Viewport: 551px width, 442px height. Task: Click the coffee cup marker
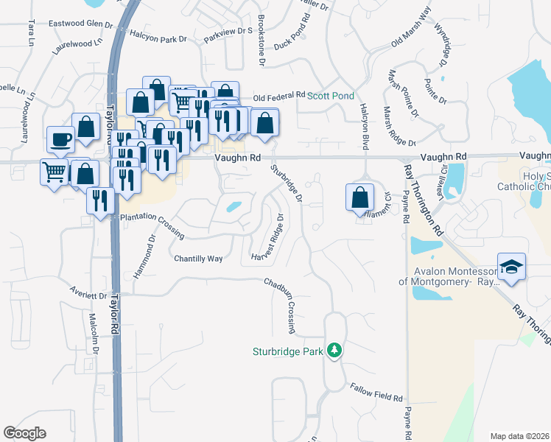[60, 140]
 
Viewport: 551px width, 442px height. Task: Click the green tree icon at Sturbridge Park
[334, 350]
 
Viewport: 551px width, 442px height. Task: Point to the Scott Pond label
[331, 96]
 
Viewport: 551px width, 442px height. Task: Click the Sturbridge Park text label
[288, 352]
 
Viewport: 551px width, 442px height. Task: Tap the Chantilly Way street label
[198, 259]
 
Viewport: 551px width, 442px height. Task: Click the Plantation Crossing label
[152, 224]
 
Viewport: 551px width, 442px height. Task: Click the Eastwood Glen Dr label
[80, 24]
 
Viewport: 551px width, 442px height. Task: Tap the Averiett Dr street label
[89, 292]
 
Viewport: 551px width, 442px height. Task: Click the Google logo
[24, 433]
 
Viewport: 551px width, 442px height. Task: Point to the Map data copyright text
[519, 436]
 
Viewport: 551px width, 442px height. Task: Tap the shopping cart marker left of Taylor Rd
[55, 172]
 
